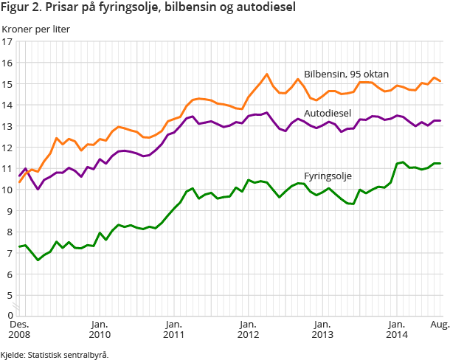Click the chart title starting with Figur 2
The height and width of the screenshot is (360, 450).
coord(148,9)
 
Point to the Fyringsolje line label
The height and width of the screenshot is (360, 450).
coord(328,176)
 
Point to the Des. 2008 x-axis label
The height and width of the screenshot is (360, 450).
coord(19,329)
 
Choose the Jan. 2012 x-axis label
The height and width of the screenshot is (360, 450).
coord(249,329)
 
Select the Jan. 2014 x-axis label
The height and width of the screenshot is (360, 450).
coord(396,329)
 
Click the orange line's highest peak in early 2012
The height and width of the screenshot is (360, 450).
coord(267,74)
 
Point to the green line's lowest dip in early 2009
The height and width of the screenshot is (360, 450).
coord(38,260)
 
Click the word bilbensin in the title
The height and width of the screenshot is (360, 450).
coord(214,9)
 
